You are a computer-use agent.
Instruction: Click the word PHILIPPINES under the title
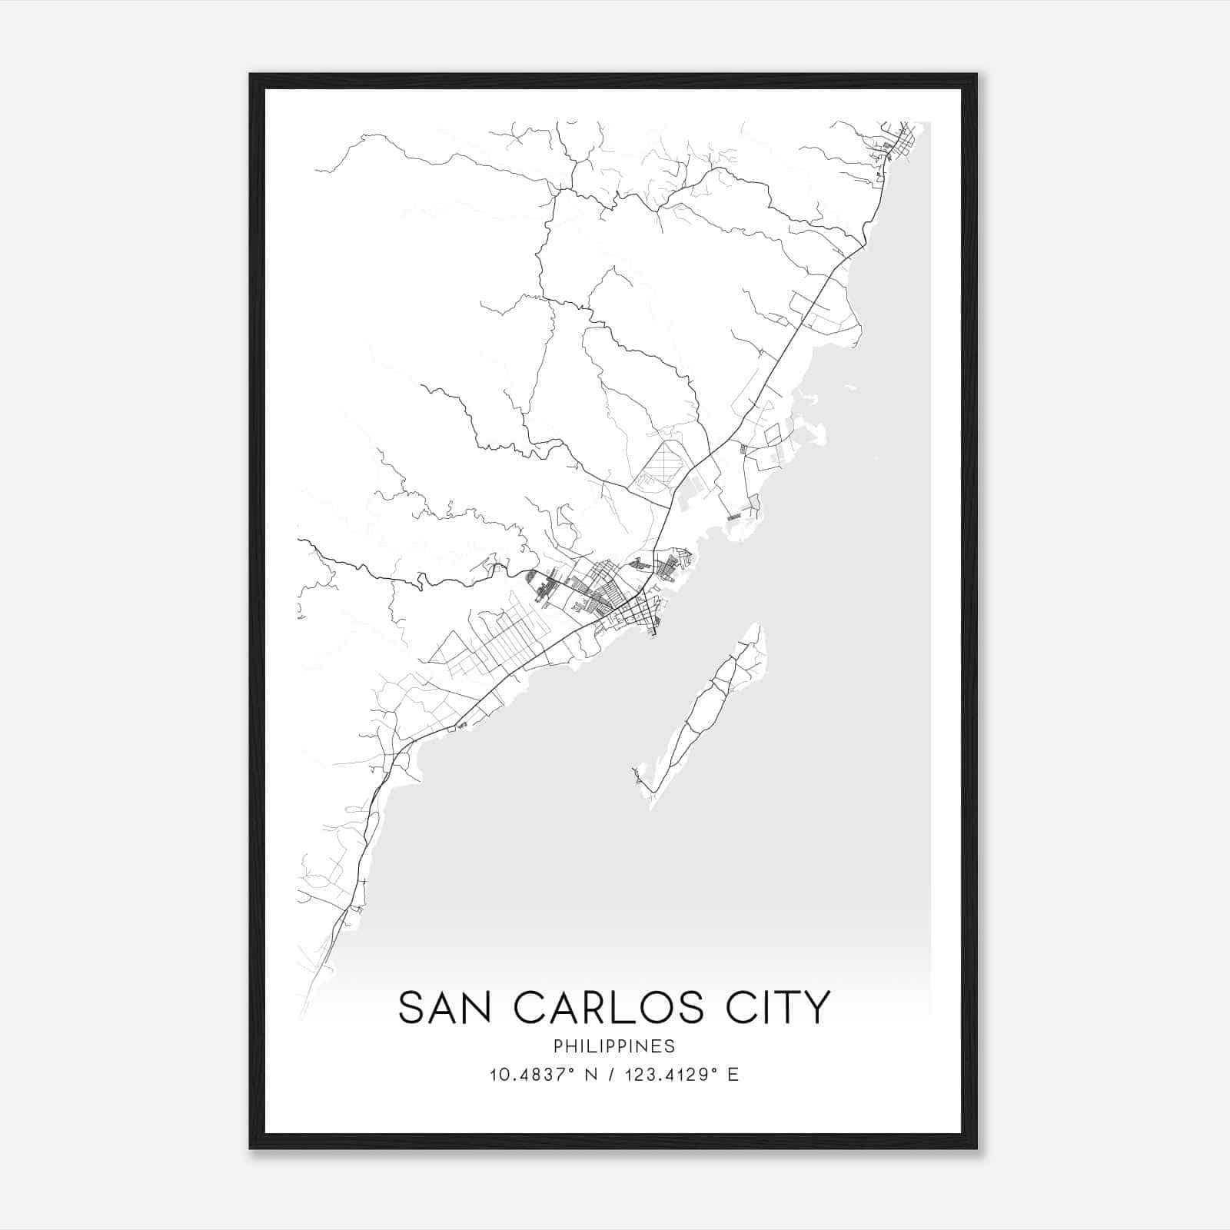coord(613,1046)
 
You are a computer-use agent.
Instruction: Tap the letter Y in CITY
coord(816,1007)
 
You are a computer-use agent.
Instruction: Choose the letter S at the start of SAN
coord(411,1007)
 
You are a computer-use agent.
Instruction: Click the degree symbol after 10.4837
coord(571,1069)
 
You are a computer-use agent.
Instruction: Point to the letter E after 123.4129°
coord(733,1075)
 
